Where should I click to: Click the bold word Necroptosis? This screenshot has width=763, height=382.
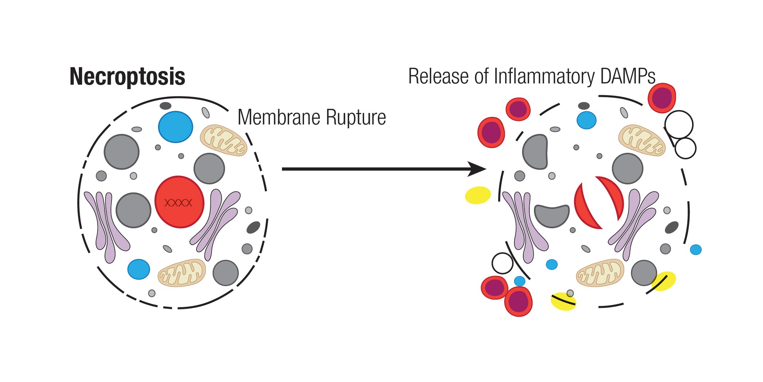(127, 77)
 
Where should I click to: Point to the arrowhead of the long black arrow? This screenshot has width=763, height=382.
(478, 169)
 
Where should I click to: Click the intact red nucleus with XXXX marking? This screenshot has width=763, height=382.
(179, 202)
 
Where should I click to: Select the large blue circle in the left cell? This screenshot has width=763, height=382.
(175, 127)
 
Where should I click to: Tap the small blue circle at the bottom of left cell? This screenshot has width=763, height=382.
(138, 269)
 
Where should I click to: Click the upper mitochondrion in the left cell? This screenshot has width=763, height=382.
(223, 140)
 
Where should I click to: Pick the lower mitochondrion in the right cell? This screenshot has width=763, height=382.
(600, 273)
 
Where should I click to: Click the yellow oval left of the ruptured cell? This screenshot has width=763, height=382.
(478, 195)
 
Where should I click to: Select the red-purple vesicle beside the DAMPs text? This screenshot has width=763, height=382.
(662, 98)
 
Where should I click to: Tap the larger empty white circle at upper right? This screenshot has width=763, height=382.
(679, 124)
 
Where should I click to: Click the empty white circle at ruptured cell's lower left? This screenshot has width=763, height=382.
(502, 263)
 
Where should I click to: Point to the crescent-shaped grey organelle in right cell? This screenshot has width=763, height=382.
(552, 215)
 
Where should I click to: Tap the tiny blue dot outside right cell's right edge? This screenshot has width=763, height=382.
(695, 250)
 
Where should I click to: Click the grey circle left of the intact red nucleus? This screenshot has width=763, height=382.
(133, 210)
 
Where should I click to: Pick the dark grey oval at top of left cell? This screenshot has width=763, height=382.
(165, 106)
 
